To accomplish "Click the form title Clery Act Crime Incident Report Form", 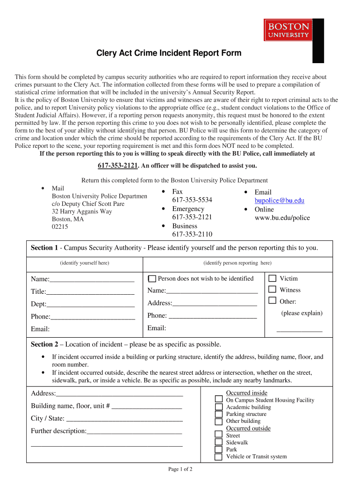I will pos(169,53).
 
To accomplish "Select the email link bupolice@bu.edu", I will pos(279,201).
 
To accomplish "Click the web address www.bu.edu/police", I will pos(282,218).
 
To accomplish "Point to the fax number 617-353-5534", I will pos(192,200).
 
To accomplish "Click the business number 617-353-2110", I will pos(192,234).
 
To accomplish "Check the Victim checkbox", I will pos(272,278).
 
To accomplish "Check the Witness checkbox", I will pos(272,290).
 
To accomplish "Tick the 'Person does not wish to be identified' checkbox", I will pos(152,279).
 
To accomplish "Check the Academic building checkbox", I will pos(218,407).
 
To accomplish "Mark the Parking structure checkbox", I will pos(218,414).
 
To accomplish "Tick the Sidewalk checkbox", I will pos(218,442).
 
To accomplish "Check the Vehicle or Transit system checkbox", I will pos(218,457).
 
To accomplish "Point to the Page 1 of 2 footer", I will pos(180,469).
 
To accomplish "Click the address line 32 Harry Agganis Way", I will pos(82,211).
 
